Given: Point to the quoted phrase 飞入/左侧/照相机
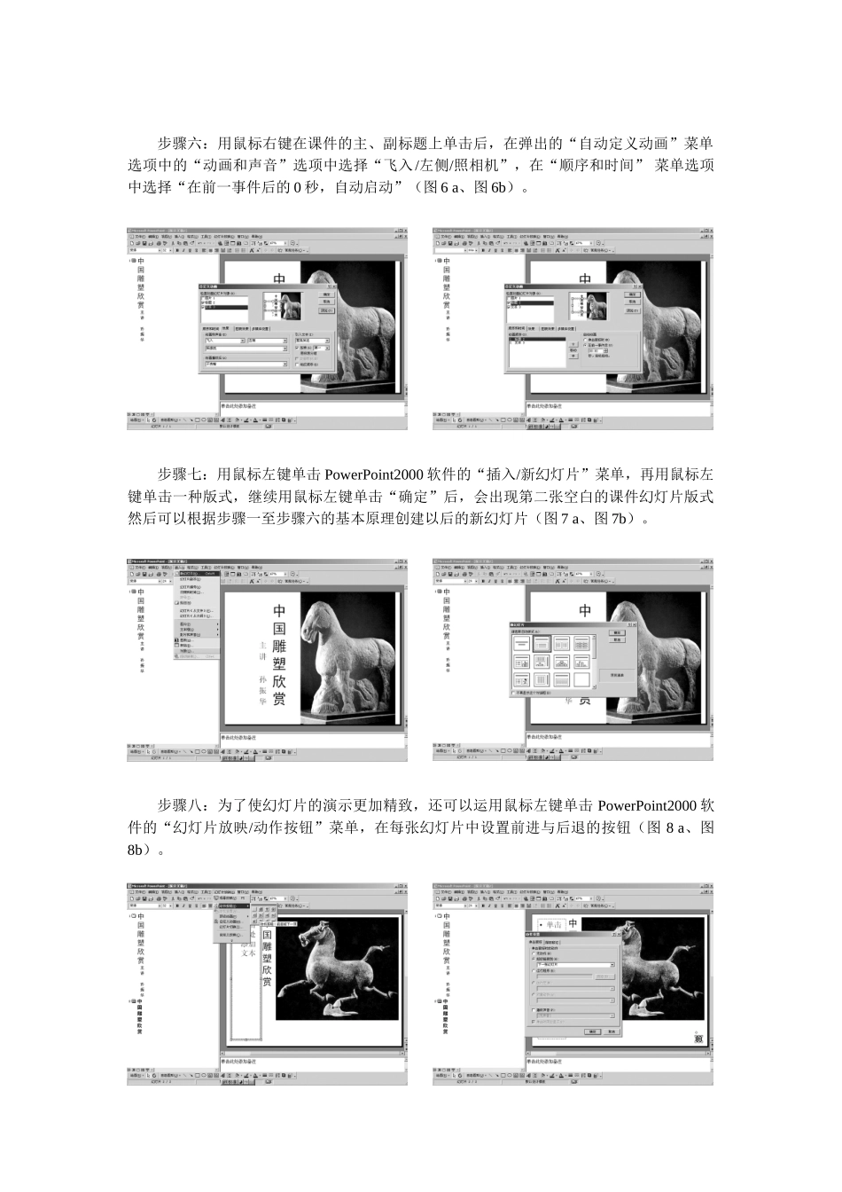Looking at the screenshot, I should coord(443,165).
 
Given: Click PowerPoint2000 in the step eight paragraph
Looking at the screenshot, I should coord(651,806).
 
